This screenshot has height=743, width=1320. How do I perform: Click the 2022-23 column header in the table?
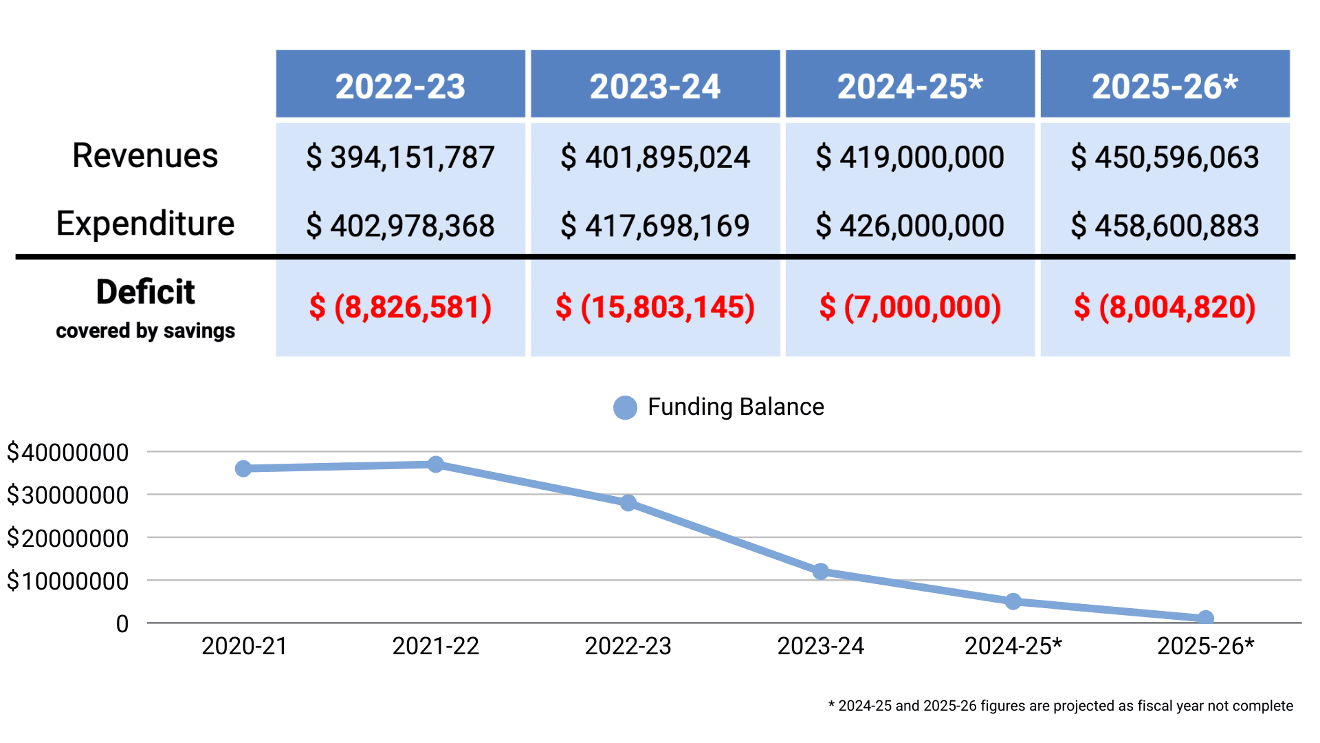click(x=400, y=86)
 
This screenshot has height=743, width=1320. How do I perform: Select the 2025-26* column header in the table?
click(x=1165, y=86)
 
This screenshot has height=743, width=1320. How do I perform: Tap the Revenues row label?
click(x=145, y=155)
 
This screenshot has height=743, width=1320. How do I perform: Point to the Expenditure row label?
click(x=145, y=224)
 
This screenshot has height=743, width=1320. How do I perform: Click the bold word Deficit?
click(x=145, y=292)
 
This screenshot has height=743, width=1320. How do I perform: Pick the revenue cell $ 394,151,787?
click(x=400, y=157)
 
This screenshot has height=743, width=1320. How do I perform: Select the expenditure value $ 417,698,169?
click(x=654, y=226)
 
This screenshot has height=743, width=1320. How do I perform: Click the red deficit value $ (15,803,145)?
click(x=654, y=307)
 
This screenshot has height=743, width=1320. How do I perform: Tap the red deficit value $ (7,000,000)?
click(x=910, y=307)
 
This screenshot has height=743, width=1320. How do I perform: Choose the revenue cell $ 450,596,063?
click(x=1165, y=157)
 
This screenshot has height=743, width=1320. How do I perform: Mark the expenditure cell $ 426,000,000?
click(x=910, y=226)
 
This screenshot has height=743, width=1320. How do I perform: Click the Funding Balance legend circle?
click(x=625, y=407)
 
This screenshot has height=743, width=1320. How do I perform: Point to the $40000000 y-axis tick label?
click(x=67, y=453)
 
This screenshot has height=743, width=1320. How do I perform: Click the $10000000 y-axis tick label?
click(x=67, y=581)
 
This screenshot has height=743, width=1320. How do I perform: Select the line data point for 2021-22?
click(x=435, y=464)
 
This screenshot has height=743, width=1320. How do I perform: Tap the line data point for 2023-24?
click(x=820, y=572)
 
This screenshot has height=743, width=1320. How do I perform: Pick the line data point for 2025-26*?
click(x=1205, y=618)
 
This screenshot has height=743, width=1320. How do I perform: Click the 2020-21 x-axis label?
click(x=243, y=646)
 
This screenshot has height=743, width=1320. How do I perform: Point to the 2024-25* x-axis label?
click(x=1013, y=646)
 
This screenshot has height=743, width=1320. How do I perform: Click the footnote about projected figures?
click(x=1060, y=706)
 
